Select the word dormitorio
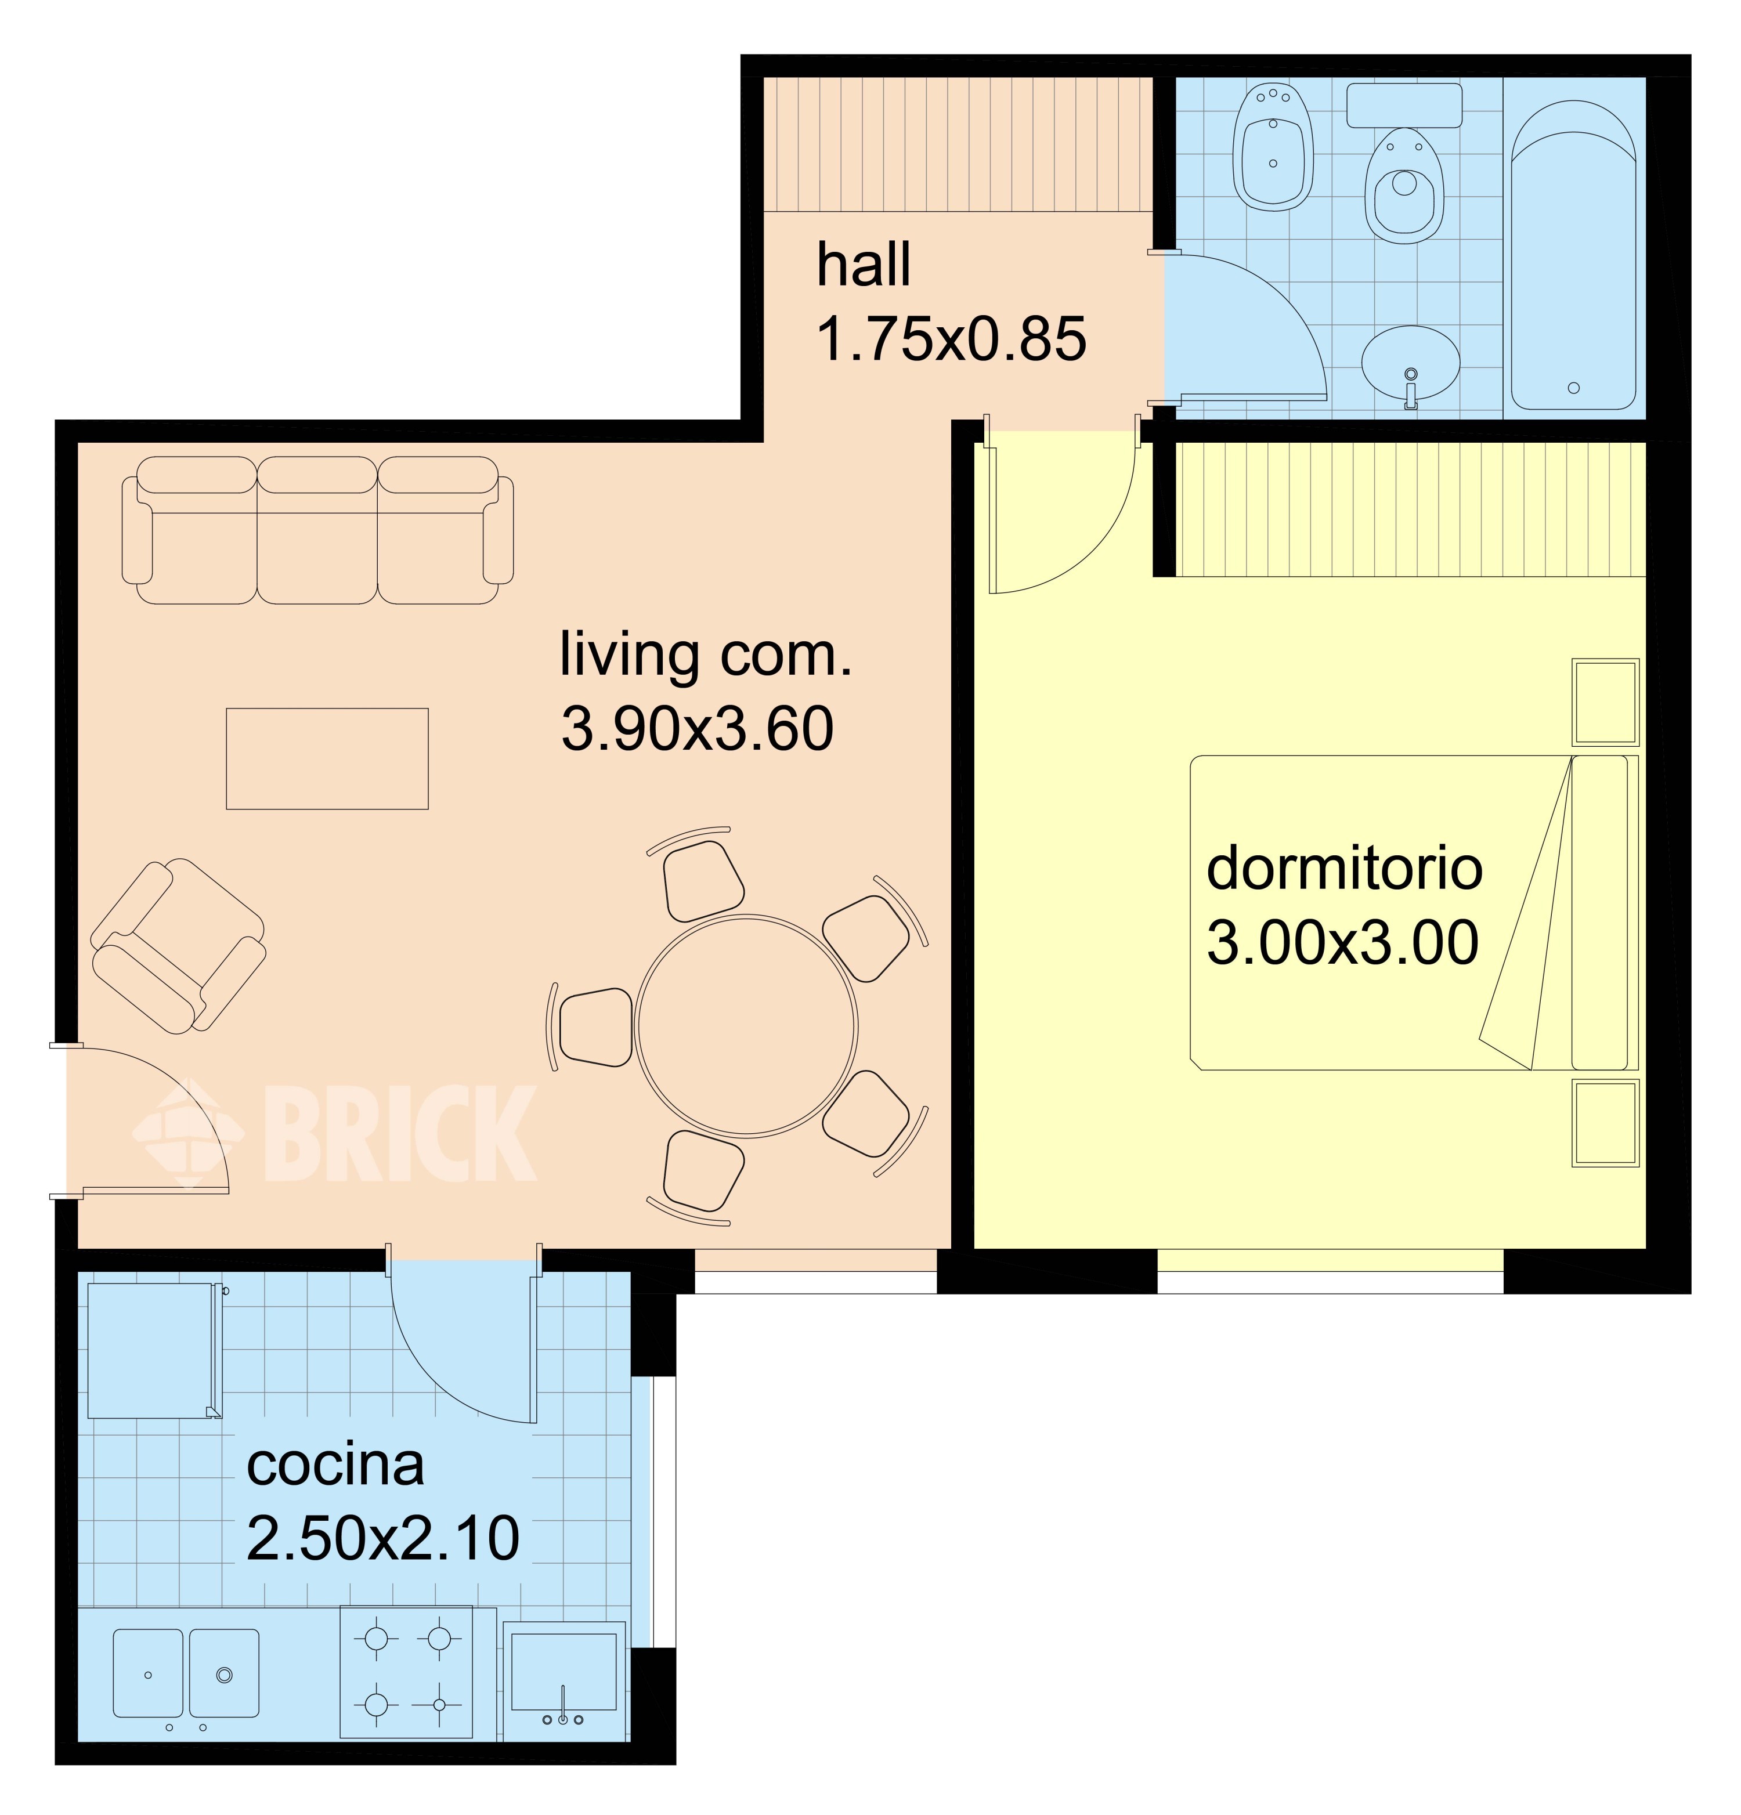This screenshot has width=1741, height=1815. (1343, 869)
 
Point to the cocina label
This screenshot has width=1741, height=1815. (335, 1465)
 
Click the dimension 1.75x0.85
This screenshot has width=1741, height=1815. (951, 339)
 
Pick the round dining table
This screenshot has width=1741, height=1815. (746, 1026)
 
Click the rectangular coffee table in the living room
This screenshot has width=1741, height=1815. (327, 758)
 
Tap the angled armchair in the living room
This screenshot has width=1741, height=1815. (178, 945)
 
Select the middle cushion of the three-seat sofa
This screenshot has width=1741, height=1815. (317, 530)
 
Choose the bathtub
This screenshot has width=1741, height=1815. (1573, 255)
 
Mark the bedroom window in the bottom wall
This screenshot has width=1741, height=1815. (1331, 1282)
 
